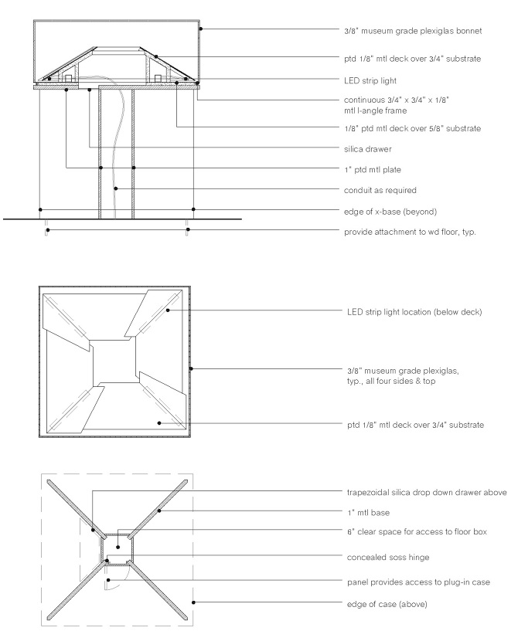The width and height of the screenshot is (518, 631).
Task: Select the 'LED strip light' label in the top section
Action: (x=374, y=80)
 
